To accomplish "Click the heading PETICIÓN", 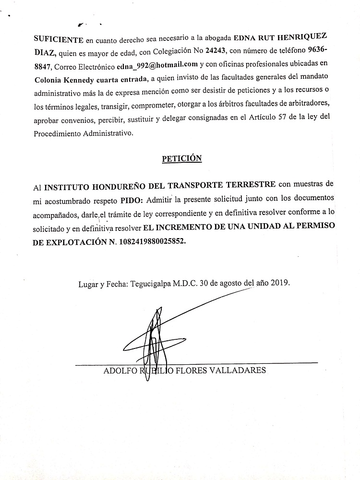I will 181,158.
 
